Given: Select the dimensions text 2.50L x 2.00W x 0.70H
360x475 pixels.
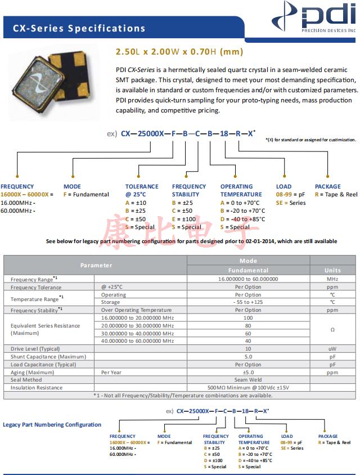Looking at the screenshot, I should [179, 52].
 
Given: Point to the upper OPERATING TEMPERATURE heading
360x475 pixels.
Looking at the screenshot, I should [241, 190].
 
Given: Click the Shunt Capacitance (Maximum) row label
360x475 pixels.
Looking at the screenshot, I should [42, 356].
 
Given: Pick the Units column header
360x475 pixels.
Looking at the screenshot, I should [332, 270].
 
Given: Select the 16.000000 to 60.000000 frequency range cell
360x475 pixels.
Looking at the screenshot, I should [248, 279].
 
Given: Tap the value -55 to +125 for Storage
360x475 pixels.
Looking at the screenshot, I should [248, 302].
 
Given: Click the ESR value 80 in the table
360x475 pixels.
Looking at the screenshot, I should [248, 325].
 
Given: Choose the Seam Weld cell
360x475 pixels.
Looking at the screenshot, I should [248, 380].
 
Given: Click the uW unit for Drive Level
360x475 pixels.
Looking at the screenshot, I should [332, 349].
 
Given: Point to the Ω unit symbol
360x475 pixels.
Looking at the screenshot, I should [332, 329].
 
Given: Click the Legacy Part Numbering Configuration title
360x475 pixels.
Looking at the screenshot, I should [52, 424].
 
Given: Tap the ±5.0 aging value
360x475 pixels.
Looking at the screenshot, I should [248, 372].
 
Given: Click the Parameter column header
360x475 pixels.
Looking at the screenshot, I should [96, 265].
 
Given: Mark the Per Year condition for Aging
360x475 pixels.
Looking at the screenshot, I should [111, 372].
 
